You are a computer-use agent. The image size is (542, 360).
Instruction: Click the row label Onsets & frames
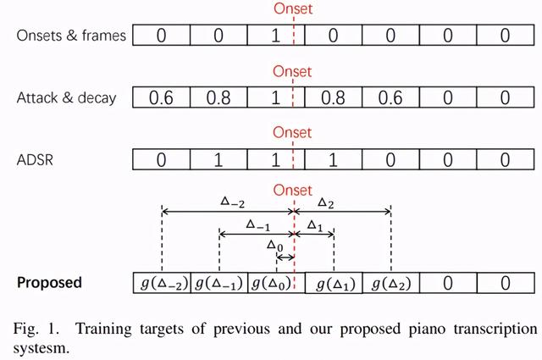[71, 36]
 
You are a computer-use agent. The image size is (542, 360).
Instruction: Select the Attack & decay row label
[66, 97]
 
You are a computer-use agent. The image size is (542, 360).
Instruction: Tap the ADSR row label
[36, 158]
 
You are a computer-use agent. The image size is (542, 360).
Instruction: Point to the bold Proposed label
[50, 282]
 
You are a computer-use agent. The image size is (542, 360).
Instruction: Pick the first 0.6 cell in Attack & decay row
[162, 97]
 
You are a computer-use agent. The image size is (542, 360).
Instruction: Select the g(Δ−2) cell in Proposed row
[162, 283]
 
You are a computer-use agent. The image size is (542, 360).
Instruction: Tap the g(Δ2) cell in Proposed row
[390, 283]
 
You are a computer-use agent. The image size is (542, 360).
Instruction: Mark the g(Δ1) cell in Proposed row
[334, 283]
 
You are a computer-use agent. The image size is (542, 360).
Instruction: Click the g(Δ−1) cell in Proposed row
[218, 283]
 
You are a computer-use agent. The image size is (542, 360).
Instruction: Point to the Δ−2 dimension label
[233, 201]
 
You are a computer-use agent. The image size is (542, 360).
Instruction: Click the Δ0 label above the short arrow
[274, 246]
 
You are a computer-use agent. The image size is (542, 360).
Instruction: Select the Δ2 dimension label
[326, 201]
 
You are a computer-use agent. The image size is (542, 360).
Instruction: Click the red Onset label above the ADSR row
[292, 133]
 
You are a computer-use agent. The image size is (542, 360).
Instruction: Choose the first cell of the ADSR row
[162, 158]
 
